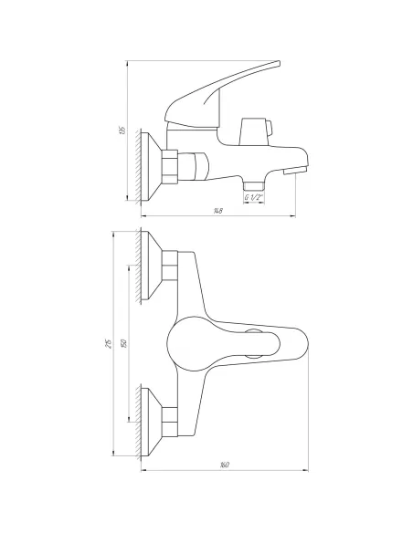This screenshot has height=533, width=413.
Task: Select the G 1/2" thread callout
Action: [x=255, y=198]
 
